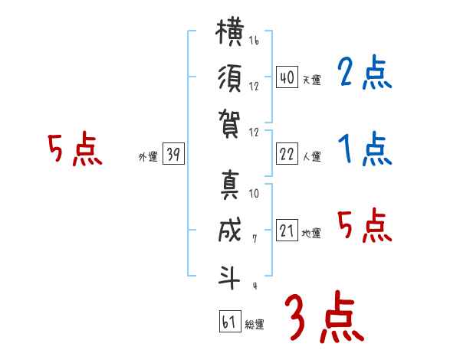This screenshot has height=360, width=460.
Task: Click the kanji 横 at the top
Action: tap(230, 31)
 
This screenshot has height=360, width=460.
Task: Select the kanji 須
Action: tap(230, 78)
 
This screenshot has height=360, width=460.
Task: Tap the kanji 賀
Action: tap(229, 123)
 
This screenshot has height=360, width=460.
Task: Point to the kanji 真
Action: tap(230, 185)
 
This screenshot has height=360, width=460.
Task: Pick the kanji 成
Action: tap(230, 230)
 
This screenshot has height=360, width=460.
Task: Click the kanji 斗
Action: tap(229, 277)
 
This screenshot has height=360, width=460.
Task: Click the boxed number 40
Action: tap(287, 77)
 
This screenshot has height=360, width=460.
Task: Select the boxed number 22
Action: tap(287, 153)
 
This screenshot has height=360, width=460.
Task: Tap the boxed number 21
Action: tap(287, 230)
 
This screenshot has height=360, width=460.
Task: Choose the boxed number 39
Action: tap(173, 153)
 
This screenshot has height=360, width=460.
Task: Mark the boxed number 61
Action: tap(230, 321)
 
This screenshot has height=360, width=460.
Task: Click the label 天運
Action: tap(312, 80)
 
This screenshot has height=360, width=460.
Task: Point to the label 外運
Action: tap(148, 156)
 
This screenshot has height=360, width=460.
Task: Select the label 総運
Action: tap(255, 325)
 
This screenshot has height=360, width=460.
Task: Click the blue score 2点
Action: tap(365, 72)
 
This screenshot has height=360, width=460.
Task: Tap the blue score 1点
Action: tap(365, 149)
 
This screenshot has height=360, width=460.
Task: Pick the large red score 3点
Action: tap(324, 316)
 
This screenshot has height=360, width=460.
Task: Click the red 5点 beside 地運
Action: tap(365, 225)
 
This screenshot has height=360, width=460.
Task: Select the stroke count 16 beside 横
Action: tap(254, 40)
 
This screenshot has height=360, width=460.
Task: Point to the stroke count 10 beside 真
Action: tap(254, 193)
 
